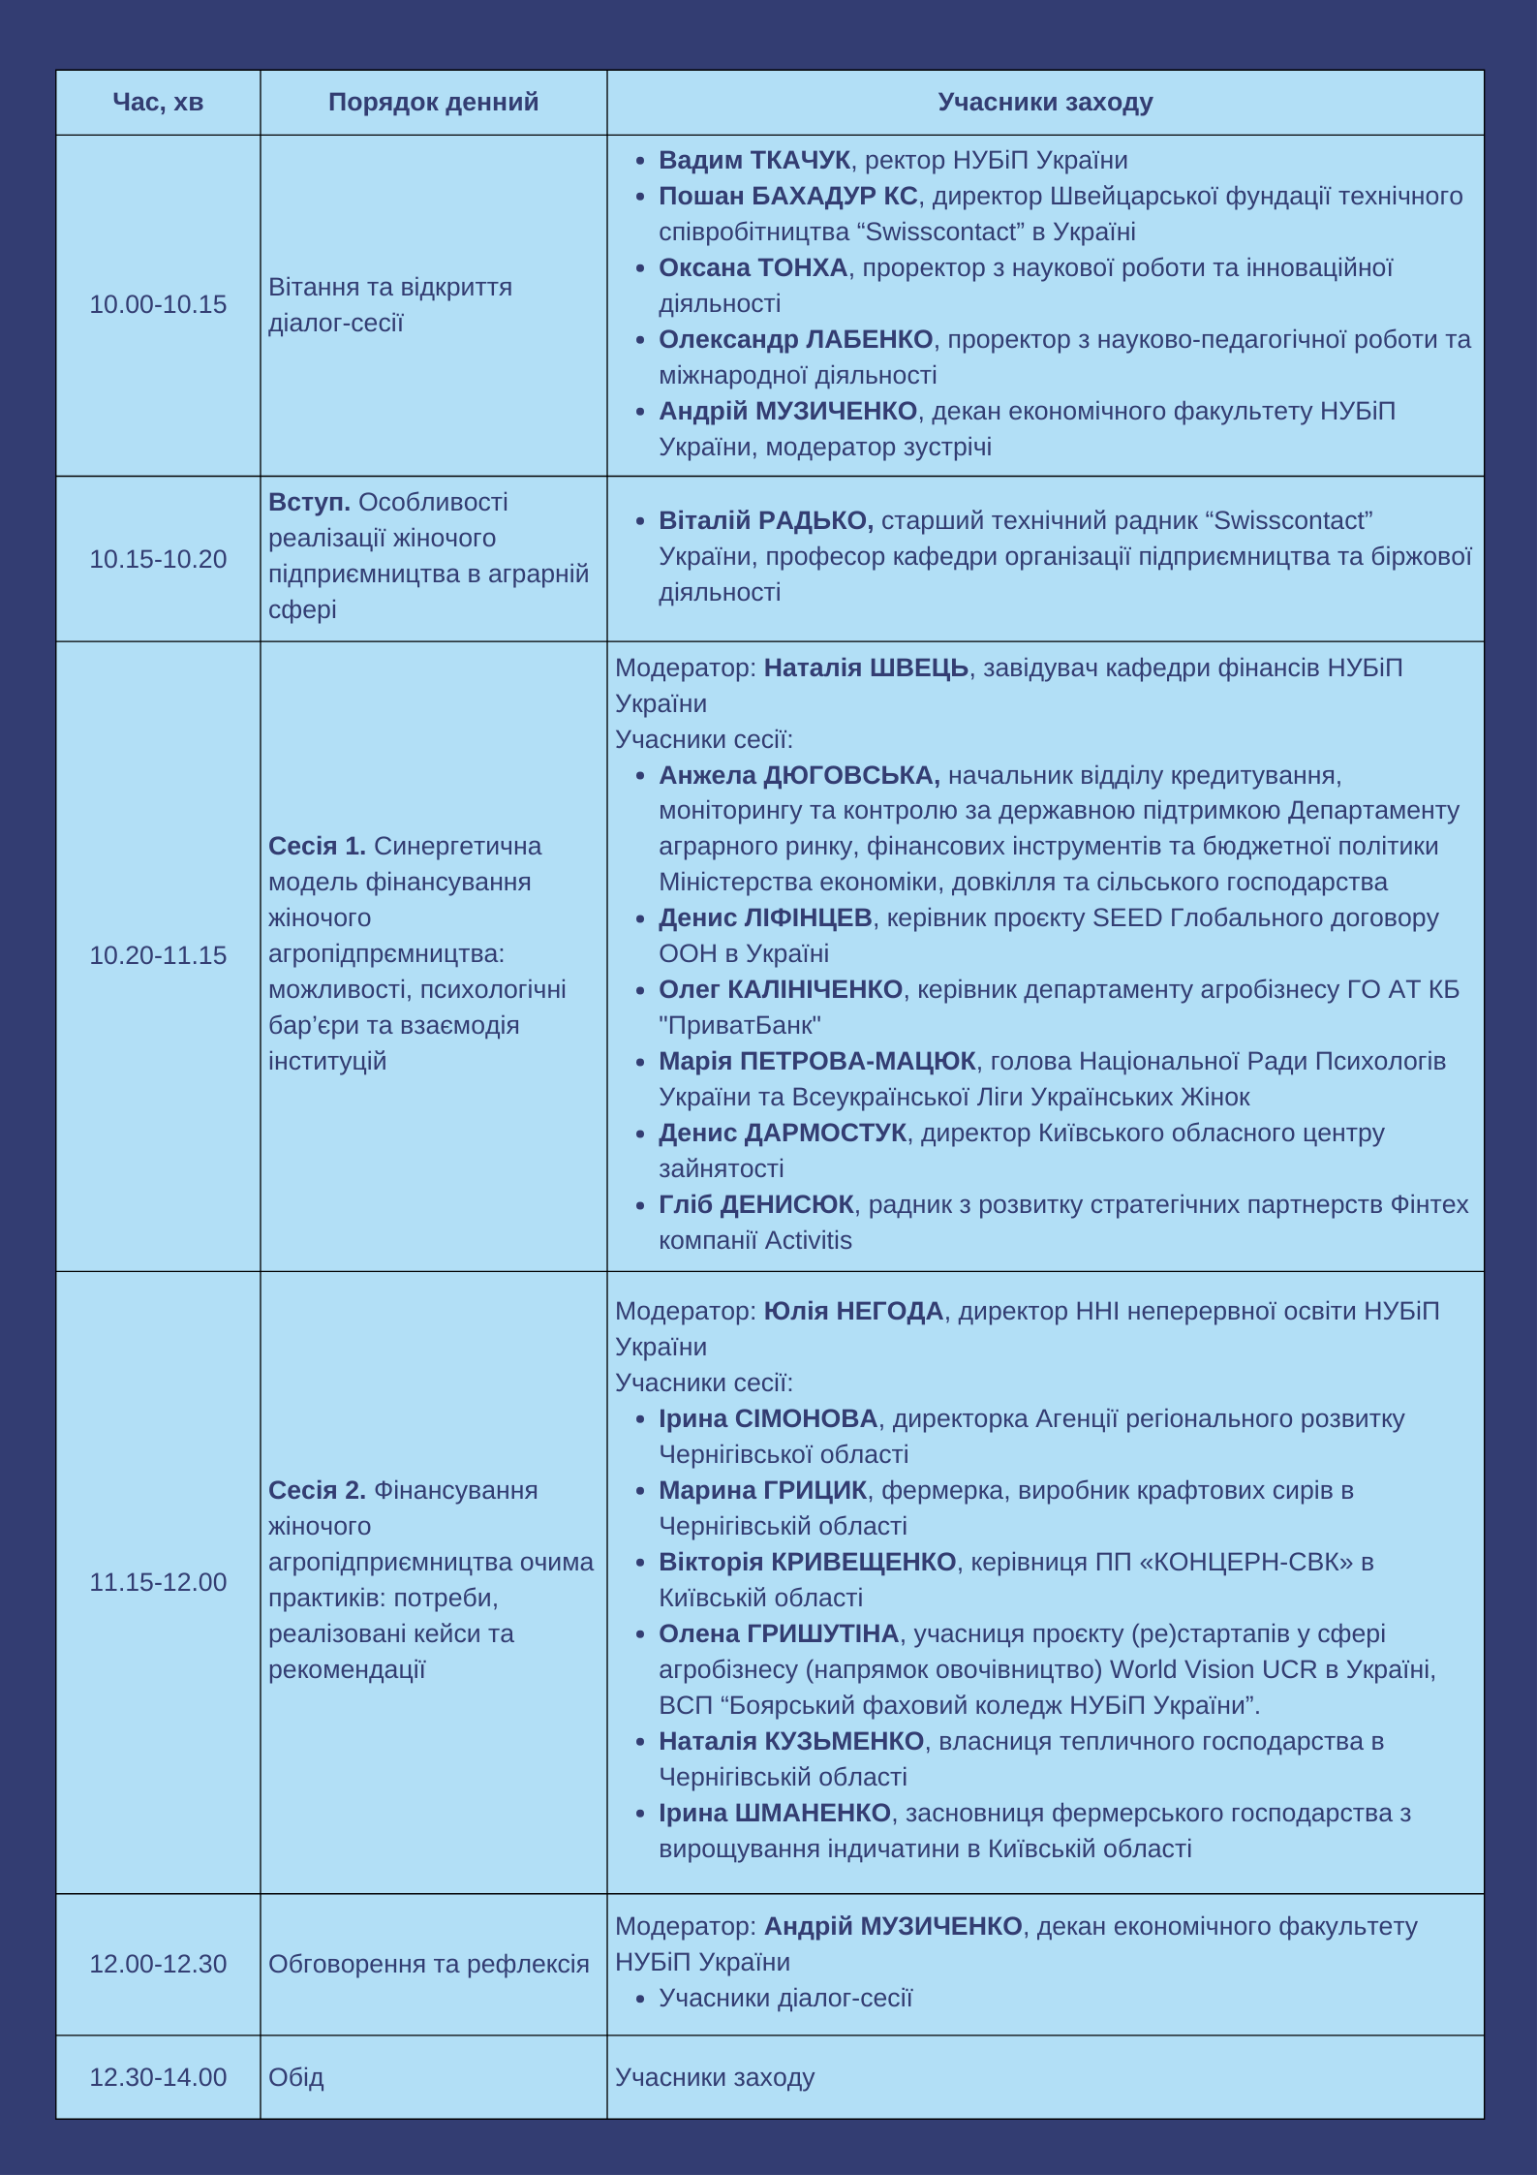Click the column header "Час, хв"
coord(158,102)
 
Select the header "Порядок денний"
coord(433,102)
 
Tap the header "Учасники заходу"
coord(1045,102)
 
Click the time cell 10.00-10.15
coord(158,304)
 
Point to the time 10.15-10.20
coord(158,559)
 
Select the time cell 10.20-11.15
coord(158,955)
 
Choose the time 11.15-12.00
coord(158,1582)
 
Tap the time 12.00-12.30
coord(158,1964)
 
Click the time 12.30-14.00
coord(158,2077)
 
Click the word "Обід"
coord(295,2077)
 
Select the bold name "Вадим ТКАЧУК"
coord(753,160)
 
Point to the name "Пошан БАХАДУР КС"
coord(787,196)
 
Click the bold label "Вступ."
coord(309,502)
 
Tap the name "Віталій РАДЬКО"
coord(765,520)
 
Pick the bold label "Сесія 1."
coord(317,846)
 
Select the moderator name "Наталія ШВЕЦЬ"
coord(866,668)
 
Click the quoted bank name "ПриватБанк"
coord(740,1025)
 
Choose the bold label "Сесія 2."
coord(317,1490)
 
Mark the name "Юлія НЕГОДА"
coord(853,1311)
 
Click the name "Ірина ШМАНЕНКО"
coord(774,1813)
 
